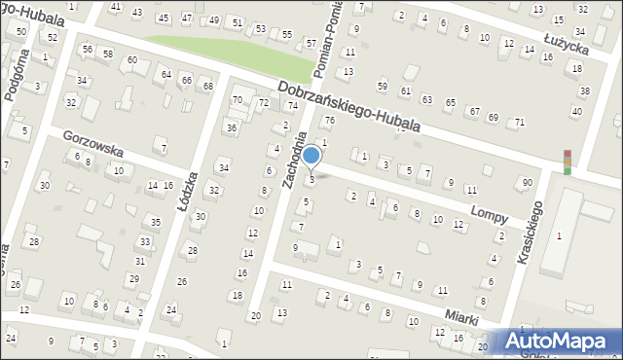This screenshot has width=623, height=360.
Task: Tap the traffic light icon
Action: [567, 163]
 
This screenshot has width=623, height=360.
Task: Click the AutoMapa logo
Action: [558, 342]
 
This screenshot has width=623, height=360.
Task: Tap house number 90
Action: [527, 183]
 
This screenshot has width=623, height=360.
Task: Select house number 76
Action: [329, 121]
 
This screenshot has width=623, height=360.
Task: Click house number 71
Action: [520, 122]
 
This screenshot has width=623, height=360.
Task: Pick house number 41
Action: [116, 7]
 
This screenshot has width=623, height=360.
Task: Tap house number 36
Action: [231, 127]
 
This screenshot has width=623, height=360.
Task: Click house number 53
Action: [260, 28]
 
